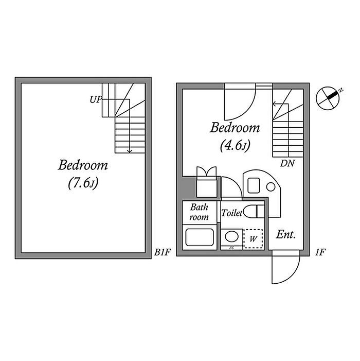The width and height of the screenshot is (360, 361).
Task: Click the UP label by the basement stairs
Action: (x=95, y=99)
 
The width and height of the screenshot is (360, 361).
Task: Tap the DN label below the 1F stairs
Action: (x=287, y=164)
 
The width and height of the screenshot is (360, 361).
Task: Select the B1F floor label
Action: (x=163, y=252)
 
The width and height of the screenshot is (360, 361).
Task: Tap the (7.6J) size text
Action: (x=82, y=183)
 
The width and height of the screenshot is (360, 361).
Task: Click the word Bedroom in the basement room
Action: (x=83, y=165)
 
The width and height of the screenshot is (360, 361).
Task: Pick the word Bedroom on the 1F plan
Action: (x=235, y=128)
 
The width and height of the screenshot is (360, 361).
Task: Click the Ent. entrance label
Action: (x=286, y=235)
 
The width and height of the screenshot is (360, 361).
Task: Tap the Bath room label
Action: (x=199, y=212)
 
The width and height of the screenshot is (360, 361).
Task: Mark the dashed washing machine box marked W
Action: (x=253, y=239)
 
